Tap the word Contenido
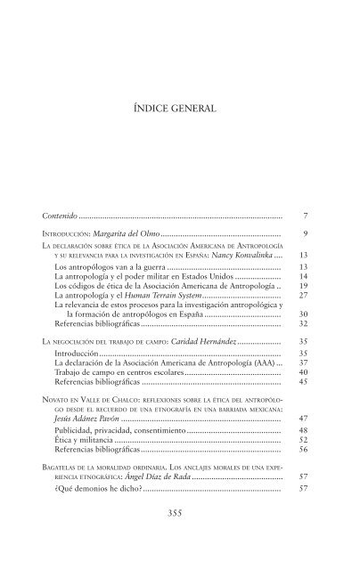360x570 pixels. coord(64,216)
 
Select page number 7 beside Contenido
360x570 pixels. coord(305,216)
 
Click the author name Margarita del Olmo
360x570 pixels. coord(125,234)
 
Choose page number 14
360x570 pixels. coord(303,277)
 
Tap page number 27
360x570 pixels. coord(303,296)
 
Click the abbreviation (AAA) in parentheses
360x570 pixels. coord(263,363)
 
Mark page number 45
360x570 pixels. coord(303,383)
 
